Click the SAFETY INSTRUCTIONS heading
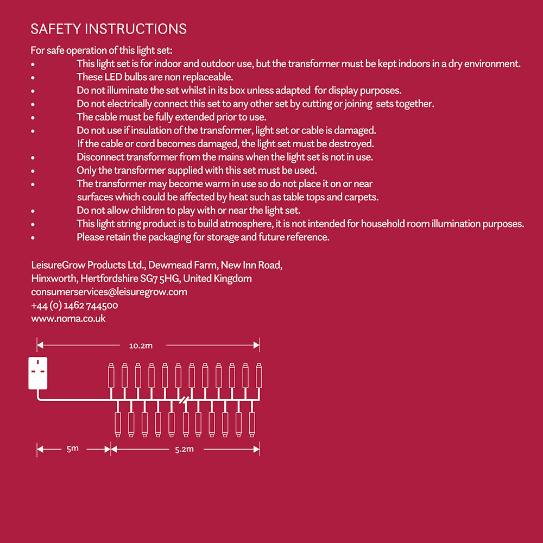pos(109,29)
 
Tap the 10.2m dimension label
pos(141,345)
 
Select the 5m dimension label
pos(72,449)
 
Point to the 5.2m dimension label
pos(185,449)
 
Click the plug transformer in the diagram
pos(38,373)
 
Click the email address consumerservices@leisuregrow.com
pos(109,292)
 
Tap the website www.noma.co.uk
pos(68,319)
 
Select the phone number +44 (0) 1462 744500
pos(74,305)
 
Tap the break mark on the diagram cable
pos(185,401)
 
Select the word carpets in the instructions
pos(361,197)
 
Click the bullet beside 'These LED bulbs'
pos(33,78)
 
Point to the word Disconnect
pos(100,157)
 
